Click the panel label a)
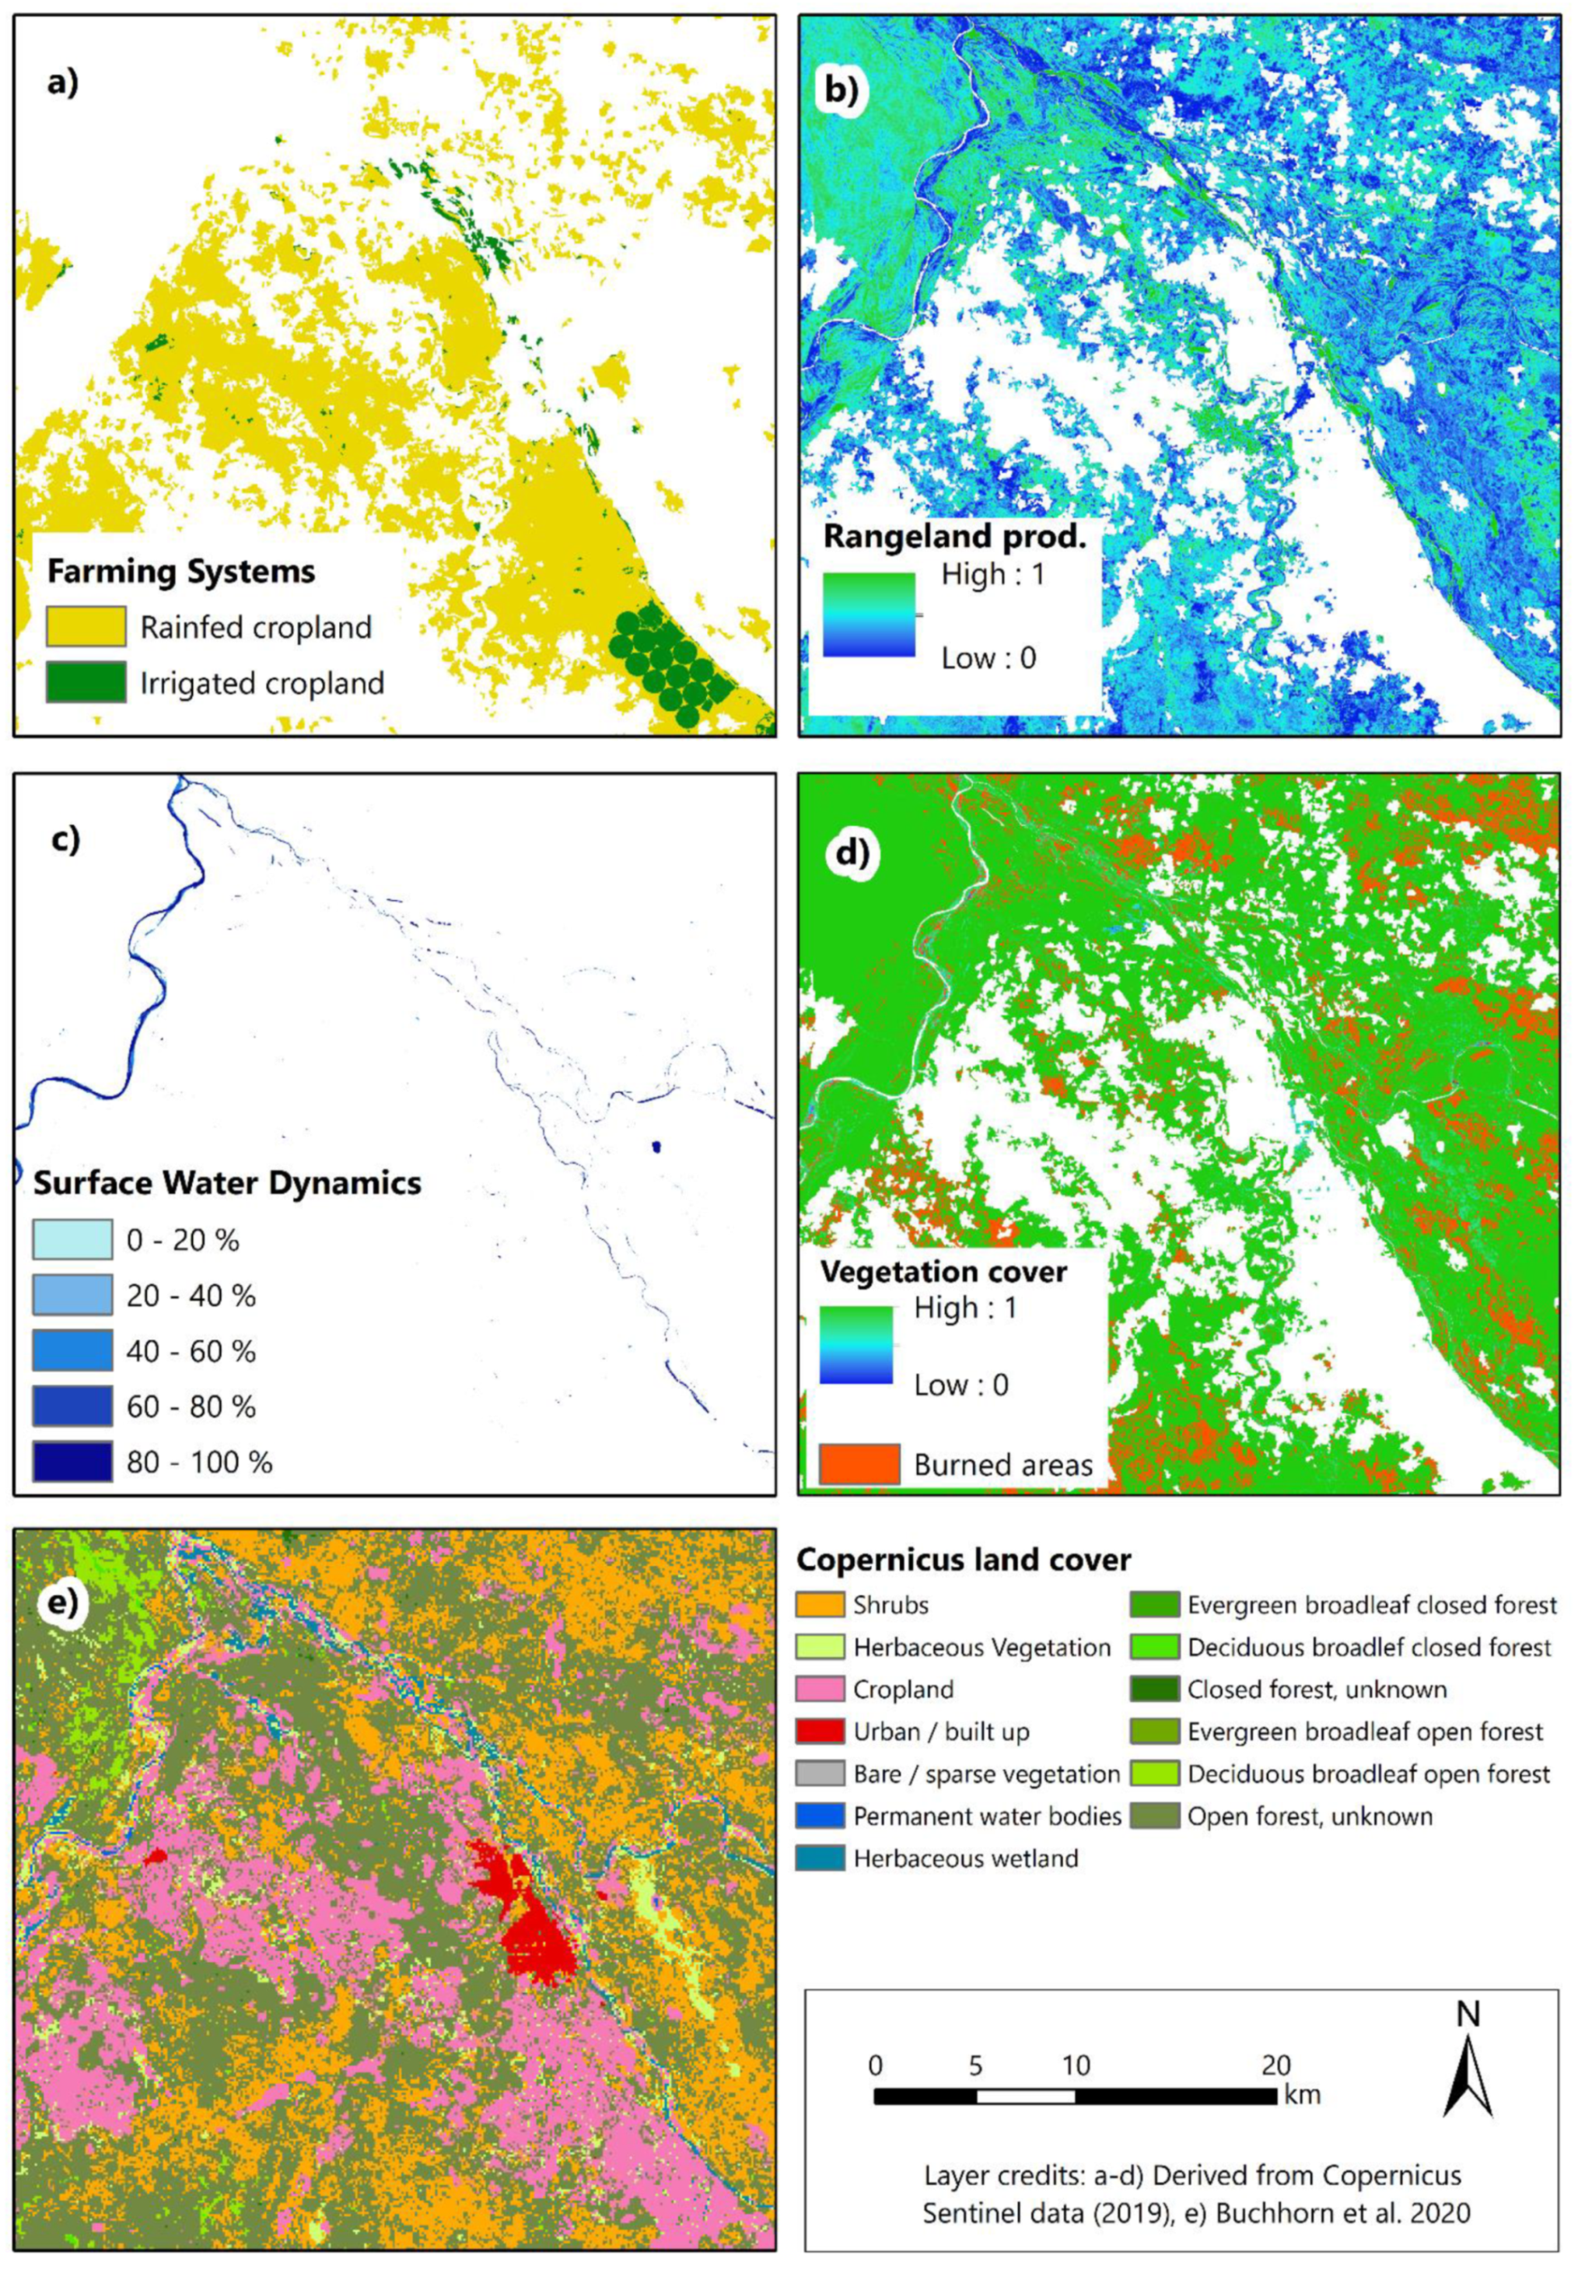[62, 83]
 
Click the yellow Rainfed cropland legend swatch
[86, 627]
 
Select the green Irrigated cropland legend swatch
[86, 682]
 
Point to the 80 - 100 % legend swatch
[72, 1462]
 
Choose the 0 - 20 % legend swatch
[72, 1240]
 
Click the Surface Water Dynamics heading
[227, 1182]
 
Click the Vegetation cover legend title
[943, 1271]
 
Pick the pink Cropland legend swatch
[820, 1689]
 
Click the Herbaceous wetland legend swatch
[820, 1858]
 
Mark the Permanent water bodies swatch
[820, 1816]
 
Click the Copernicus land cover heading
[963, 1559]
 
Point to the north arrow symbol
[1468, 2066]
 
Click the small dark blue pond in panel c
[656, 1147]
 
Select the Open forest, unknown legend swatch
[1154, 1816]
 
